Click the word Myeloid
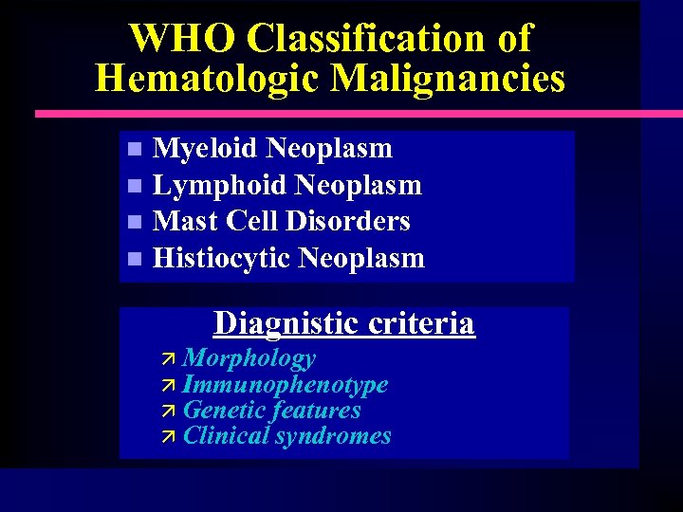tap(205, 149)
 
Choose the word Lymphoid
tap(219, 185)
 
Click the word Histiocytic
tap(221, 258)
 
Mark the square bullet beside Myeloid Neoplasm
tap(135, 149)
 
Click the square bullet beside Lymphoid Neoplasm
tap(135, 185)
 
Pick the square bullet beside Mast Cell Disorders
tap(135, 222)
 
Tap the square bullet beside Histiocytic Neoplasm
tap(135, 258)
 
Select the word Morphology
tap(249, 358)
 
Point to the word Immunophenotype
tap(285, 384)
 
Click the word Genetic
tap(224, 411)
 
